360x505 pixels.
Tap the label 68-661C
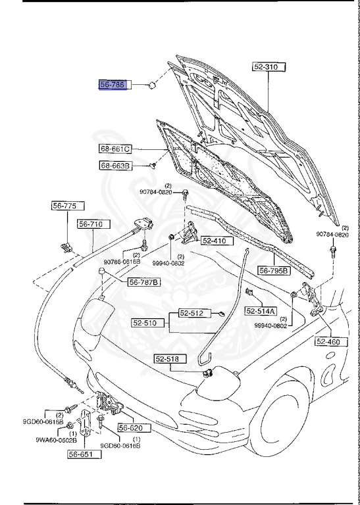point(116,149)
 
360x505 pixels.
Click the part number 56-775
point(64,206)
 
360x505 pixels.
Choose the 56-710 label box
point(91,224)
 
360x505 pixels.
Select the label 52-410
point(214,241)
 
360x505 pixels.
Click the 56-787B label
point(144,282)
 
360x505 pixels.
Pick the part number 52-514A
point(261,310)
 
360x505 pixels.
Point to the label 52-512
point(192,314)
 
